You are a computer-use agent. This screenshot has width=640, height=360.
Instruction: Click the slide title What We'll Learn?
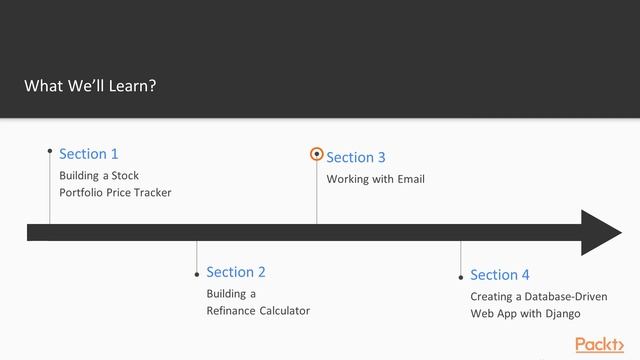tap(90, 86)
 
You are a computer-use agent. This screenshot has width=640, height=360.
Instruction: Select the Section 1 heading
tap(89, 154)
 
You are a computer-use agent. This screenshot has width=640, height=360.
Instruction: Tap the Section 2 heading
tap(236, 272)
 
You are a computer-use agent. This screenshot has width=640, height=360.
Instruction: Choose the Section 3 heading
tap(356, 158)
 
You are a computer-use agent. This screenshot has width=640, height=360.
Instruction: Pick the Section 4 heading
tap(500, 275)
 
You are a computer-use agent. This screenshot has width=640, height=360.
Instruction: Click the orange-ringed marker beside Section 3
tap(317, 155)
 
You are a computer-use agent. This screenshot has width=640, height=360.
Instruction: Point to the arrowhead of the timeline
tap(602, 233)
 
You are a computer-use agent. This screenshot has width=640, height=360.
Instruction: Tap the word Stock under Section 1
tap(125, 176)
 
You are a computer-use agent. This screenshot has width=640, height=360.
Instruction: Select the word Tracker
tap(151, 192)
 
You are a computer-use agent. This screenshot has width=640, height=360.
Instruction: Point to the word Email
tap(411, 179)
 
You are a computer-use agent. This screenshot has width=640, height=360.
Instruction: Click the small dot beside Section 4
tap(461, 277)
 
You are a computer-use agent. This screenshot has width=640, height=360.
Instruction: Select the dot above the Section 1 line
tap(50, 152)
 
